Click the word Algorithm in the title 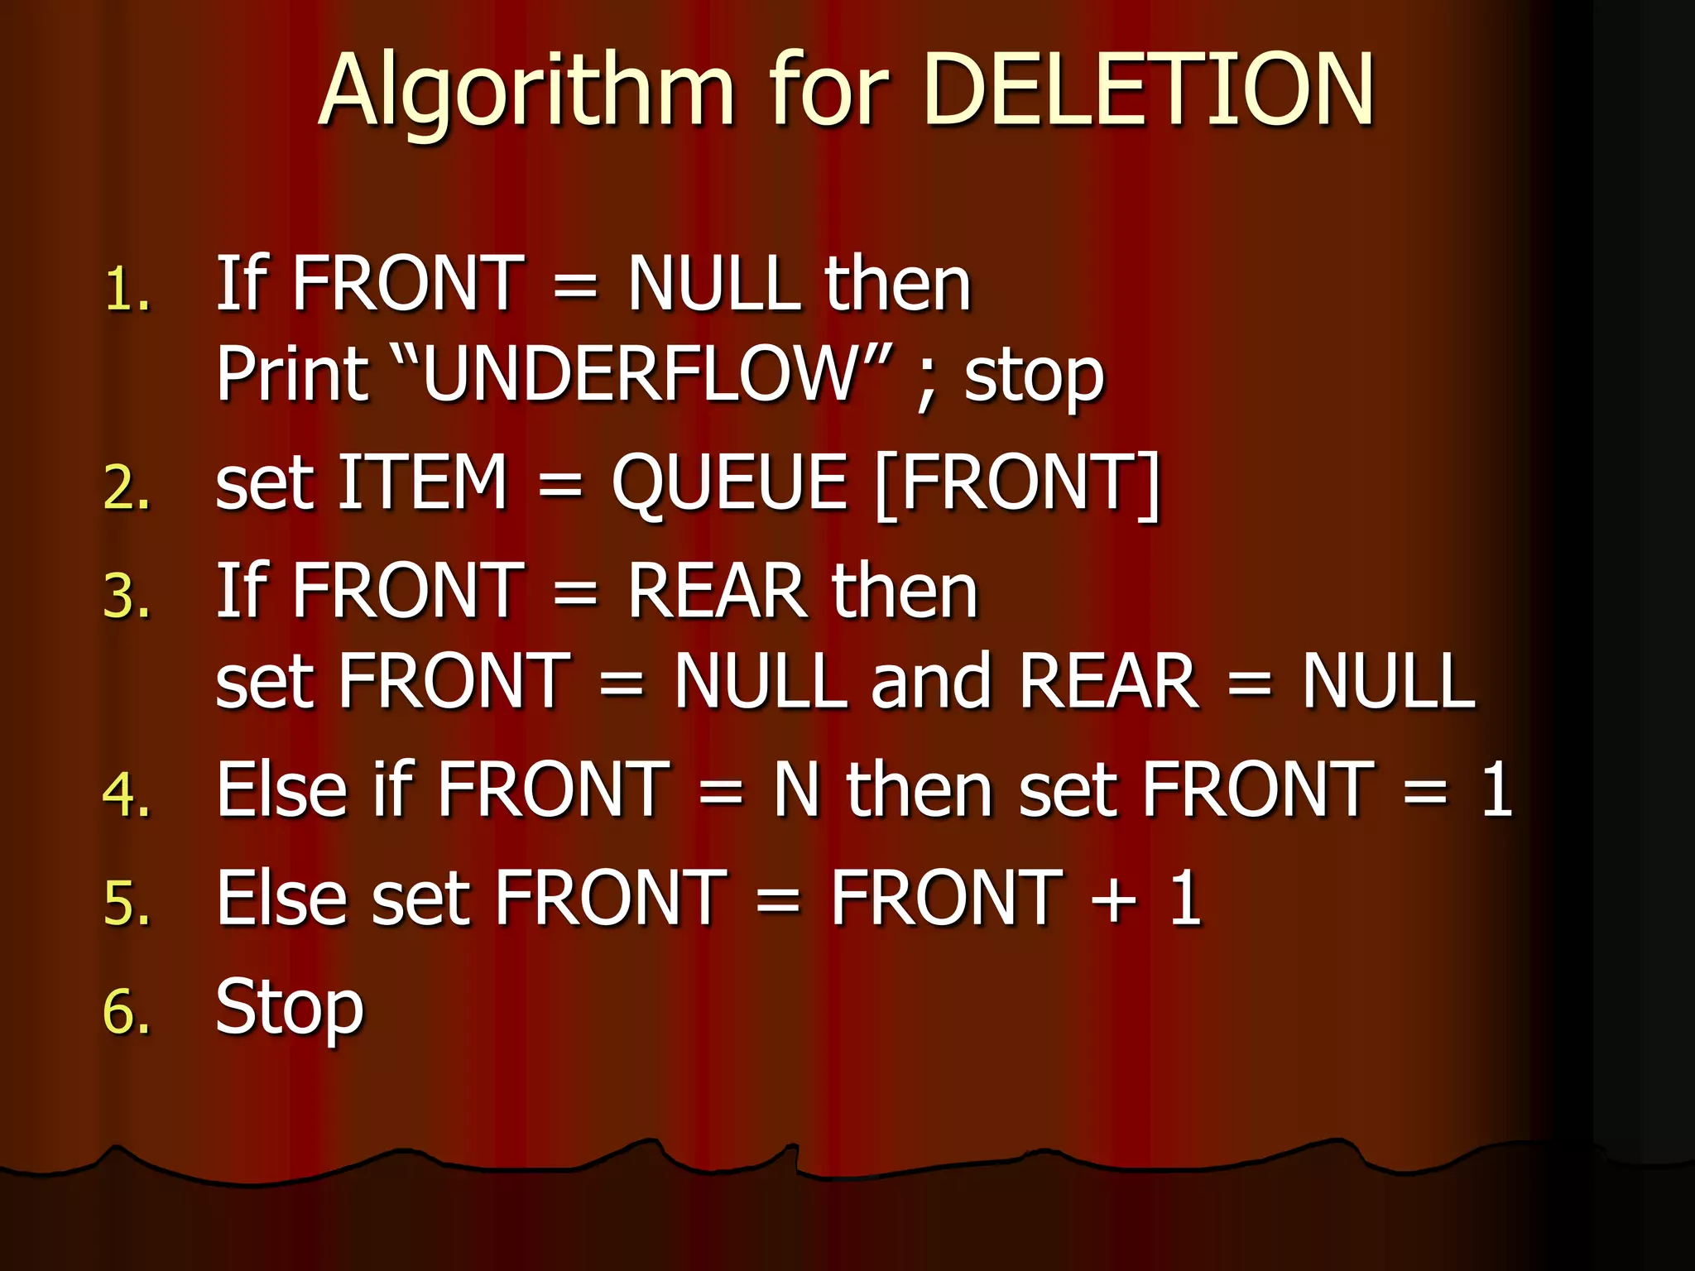click(x=526, y=91)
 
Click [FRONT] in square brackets click(x=1018, y=484)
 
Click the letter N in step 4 click(x=795, y=790)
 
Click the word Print click(x=292, y=374)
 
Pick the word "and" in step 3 click(x=931, y=682)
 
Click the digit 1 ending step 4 click(x=1497, y=790)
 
